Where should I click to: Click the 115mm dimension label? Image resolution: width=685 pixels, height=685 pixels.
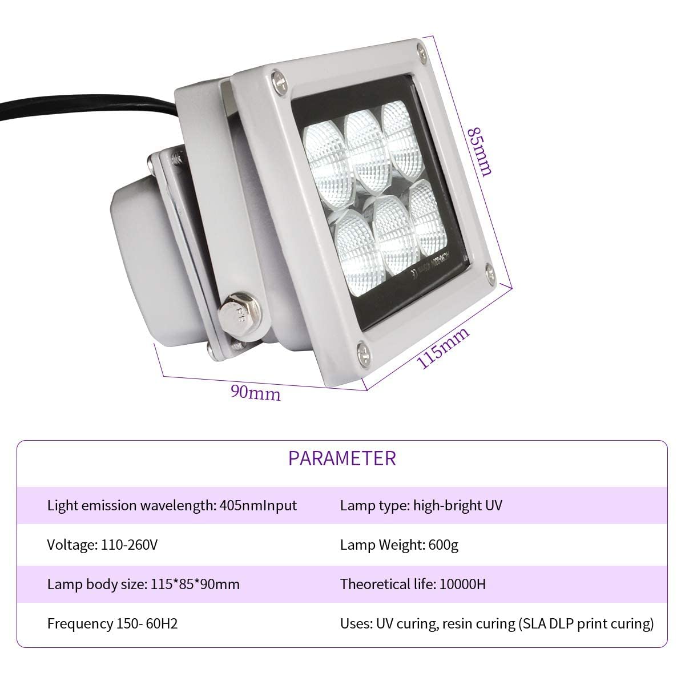[x=444, y=348]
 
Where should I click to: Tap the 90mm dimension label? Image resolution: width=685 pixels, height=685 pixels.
[x=255, y=393]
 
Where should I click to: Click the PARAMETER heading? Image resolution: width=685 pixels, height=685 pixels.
[x=341, y=458]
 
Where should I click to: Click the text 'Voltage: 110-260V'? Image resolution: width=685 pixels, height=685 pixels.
[x=102, y=545]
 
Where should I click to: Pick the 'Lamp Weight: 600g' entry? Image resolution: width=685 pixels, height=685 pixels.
[x=399, y=545]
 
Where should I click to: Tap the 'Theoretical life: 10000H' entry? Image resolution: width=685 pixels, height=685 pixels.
[x=413, y=584]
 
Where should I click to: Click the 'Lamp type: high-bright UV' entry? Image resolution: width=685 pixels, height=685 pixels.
[x=421, y=505]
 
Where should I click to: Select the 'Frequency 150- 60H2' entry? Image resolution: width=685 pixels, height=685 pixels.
[x=112, y=623]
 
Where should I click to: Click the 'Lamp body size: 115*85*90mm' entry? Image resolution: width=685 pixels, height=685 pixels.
[x=143, y=584]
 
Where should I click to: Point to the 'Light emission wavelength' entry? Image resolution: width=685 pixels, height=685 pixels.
[x=172, y=505]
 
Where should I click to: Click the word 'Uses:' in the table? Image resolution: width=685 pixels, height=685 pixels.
[x=355, y=623]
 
